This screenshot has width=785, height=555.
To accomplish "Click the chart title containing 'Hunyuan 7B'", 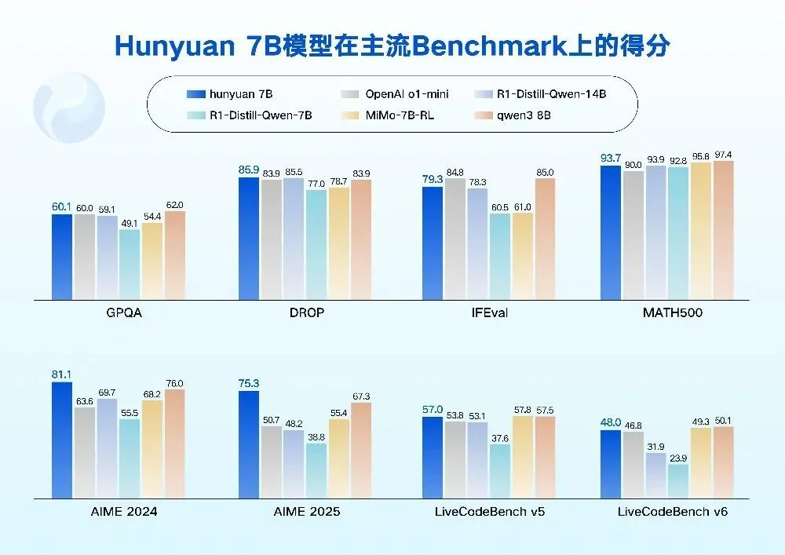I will (x=392, y=45).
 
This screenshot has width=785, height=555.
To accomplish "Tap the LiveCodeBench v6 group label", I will (x=672, y=512).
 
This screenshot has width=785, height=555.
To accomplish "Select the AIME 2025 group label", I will (x=306, y=512).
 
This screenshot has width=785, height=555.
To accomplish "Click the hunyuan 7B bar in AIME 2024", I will (x=62, y=440).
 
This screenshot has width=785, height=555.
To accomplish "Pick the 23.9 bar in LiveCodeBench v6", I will (x=678, y=480).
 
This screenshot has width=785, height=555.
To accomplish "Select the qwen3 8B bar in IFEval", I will (x=545, y=239).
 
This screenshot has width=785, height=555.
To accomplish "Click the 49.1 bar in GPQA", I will (x=130, y=264).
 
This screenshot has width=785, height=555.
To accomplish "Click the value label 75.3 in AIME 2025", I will (x=248, y=382).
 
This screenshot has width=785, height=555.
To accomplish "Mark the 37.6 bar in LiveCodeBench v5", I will (x=499, y=471).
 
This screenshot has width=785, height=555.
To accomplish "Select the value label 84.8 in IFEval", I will (x=455, y=172).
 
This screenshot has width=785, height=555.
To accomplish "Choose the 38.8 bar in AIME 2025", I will (x=317, y=470).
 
